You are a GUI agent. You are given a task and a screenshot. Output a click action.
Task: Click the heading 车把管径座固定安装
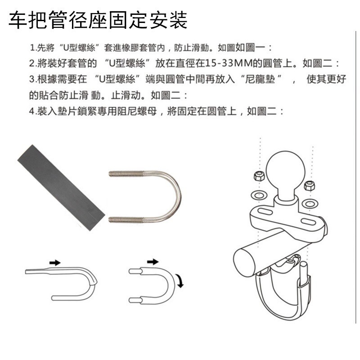(x=98, y=20)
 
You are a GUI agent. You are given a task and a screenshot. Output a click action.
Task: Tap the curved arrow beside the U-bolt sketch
(x=180, y=282)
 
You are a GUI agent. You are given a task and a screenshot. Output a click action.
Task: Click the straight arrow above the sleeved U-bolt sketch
(x=54, y=262)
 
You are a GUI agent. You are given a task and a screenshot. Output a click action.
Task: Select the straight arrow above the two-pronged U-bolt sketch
(x=153, y=261)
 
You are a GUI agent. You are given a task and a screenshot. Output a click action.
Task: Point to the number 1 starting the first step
(x=32, y=47)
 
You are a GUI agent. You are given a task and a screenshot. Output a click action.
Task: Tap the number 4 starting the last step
(x=32, y=111)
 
